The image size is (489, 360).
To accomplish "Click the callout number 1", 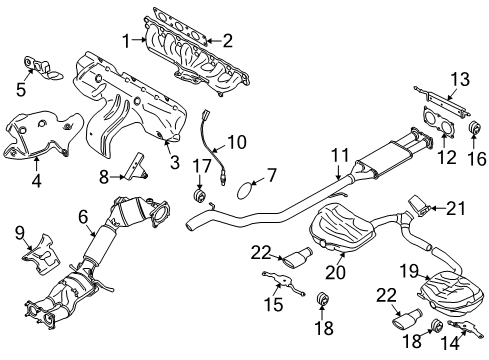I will (126, 40).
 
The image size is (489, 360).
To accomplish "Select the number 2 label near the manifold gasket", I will (227, 40).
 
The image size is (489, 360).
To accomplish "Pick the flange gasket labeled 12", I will (436, 127).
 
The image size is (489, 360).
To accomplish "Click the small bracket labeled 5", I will (39, 67).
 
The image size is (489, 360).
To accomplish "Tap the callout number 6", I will (83, 214).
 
